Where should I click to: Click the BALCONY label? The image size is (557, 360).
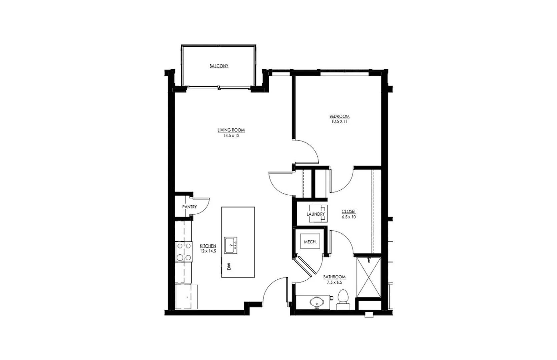click(x=219, y=66)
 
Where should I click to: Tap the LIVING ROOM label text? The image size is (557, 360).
click(x=231, y=130)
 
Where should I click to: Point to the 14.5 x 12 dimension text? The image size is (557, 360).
click(x=231, y=136)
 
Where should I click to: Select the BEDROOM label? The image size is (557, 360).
click(x=340, y=116)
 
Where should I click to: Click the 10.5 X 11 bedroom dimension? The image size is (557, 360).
click(x=340, y=122)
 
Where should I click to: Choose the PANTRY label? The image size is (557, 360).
click(x=189, y=207)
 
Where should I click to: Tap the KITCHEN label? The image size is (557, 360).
click(x=208, y=246)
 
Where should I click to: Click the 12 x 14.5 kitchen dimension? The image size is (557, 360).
click(x=208, y=251)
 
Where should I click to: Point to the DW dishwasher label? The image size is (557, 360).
click(x=229, y=267)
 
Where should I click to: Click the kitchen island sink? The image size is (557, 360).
click(x=231, y=245)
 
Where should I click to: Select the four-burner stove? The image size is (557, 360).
click(x=184, y=252)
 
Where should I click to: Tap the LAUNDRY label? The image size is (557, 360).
click(x=316, y=214)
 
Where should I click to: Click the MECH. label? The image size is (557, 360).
click(x=310, y=242)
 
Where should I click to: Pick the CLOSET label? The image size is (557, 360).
click(x=349, y=212)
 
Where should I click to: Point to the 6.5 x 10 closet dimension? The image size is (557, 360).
click(x=349, y=217)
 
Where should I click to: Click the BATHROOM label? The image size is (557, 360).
click(x=334, y=277)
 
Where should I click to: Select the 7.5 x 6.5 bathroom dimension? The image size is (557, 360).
click(x=334, y=282)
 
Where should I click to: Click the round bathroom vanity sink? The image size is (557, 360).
click(x=316, y=303)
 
